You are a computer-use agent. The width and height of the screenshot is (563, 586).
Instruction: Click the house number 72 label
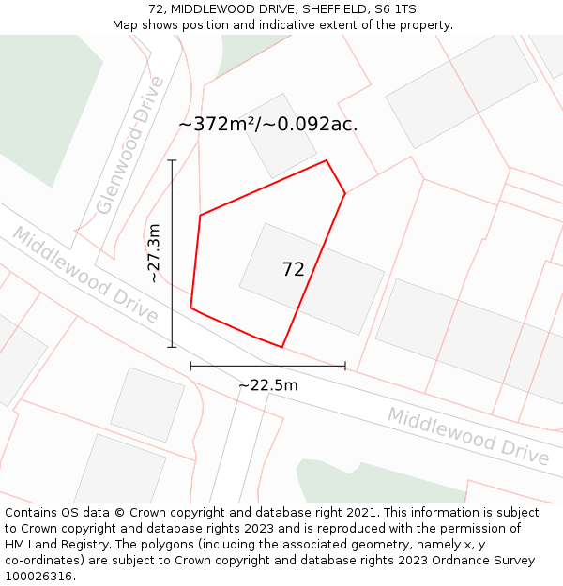coord(293,270)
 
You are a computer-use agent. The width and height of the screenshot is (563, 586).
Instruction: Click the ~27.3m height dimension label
coord(155,253)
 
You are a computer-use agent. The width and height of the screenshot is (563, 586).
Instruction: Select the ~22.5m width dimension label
coord(267,385)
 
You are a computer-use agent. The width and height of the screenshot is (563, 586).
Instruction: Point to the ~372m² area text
coord(217,125)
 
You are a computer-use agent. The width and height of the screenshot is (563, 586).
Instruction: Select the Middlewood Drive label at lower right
coord(468,436)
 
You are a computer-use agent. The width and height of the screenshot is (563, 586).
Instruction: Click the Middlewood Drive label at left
coord(85,275)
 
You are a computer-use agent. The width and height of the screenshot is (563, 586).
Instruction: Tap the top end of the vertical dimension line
coord(172,160)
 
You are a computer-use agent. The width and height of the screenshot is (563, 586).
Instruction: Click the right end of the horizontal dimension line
coord(345,366)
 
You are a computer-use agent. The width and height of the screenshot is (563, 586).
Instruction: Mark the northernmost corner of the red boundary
coord(327,160)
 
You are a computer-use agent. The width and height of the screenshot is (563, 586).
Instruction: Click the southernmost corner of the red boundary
coord(281,347)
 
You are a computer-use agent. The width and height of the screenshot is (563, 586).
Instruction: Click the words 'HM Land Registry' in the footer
coord(53,544)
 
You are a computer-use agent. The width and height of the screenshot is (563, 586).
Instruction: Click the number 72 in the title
coord(156,9)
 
